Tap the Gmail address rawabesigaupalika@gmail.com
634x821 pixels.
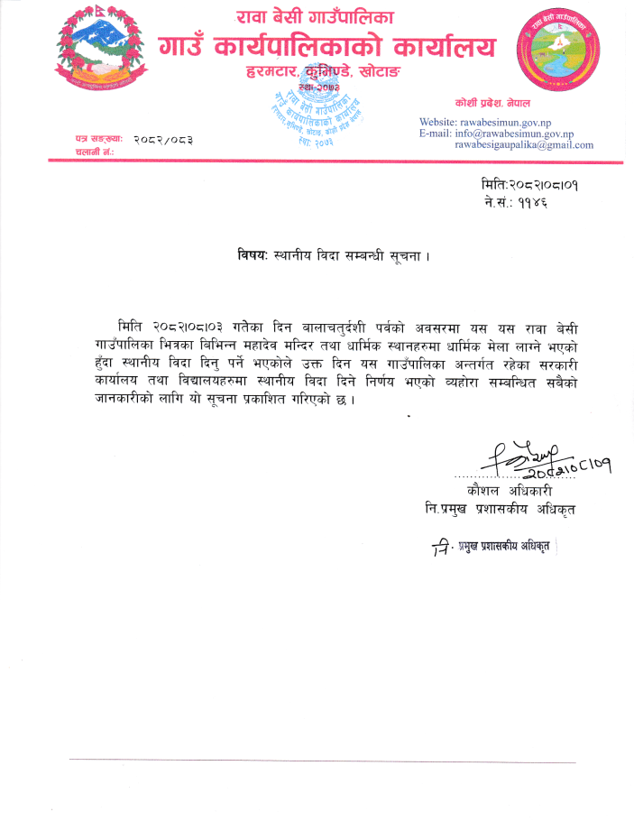[524, 144]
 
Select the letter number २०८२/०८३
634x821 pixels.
[162, 140]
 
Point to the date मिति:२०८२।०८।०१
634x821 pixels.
[529, 186]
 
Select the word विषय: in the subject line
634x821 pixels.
[243, 254]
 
